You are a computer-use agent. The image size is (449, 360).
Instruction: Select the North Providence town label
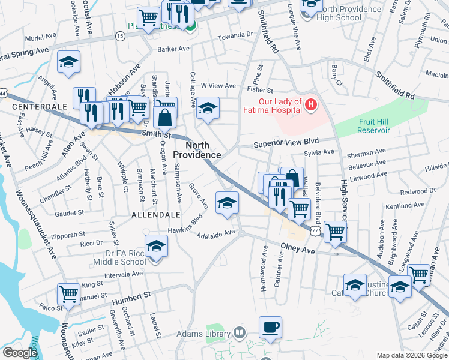tap(197, 150)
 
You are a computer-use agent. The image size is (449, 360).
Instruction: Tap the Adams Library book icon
tap(239, 332)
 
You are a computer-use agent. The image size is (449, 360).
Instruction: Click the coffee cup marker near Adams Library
tap(270, 328)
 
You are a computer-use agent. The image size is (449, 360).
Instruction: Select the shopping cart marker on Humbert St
tap(69, 294)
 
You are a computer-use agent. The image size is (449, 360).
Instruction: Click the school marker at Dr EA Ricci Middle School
tap(156, 246)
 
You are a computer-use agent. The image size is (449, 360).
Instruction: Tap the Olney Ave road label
tap(298, 248)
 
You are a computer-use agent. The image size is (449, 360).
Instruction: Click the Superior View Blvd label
tap(285, 144)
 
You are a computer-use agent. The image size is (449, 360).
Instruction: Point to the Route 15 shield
tap(120, 37)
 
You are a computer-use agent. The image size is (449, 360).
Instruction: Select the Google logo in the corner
tap(20, 353)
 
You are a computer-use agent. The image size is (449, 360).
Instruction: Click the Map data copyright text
tap(412, 355)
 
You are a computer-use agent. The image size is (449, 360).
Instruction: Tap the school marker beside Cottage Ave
tap(208, 108)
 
